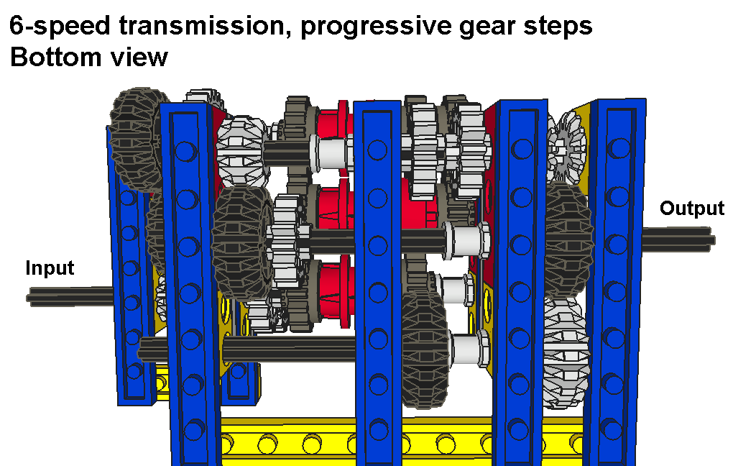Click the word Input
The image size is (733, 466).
[x=50, y=268]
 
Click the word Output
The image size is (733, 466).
[x=692, y=209]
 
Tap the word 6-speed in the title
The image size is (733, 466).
[x=60, y=27]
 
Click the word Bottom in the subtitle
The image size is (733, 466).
[x=55, y=57]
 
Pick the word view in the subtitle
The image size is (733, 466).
[x=139, y=57]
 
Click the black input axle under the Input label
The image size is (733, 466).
[x=70, y=297]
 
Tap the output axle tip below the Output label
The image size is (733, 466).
[x=678, y=237]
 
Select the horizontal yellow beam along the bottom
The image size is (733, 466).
[x=402, y=441]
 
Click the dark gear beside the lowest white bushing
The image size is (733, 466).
[x=425, y=349]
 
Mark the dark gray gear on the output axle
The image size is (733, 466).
[x=568, y=240]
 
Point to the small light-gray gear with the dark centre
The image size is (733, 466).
[x=566, y=147]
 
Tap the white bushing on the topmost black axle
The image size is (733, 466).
[x=333, y=152]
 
